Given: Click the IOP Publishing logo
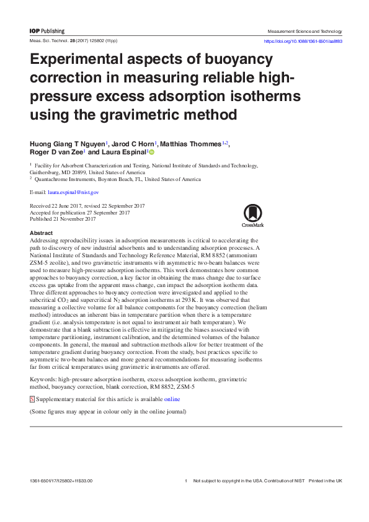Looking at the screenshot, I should point(47,31).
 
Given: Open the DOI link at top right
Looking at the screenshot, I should point(303,41).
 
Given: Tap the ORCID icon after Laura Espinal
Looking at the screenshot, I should point(151,152).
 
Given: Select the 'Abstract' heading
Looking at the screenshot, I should point(42,232).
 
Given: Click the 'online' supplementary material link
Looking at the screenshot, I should point(172,399).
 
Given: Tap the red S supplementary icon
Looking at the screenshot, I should point(32,399).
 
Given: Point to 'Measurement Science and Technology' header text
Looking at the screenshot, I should point(305,31).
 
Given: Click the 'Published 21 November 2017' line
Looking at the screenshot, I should point(63,219).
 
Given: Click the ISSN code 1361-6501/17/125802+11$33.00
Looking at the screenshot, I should point(61,481).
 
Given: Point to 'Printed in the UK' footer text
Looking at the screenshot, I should point(326,481).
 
